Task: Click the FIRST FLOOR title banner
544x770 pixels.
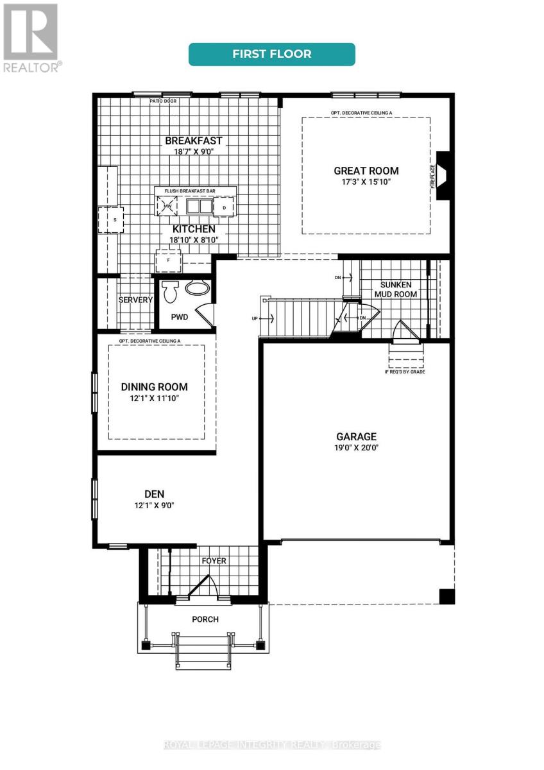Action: tap(271, 54)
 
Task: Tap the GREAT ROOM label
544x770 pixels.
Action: tap(366, 171)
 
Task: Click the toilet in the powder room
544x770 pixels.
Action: tap(169, 291)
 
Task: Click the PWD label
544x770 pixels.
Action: tap(180, 317)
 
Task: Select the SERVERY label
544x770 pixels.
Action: tap(135, 300)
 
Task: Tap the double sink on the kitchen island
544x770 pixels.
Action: tap(198, 207)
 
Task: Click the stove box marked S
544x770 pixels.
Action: tap(110, 219)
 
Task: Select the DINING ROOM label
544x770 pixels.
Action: tap(155, 387)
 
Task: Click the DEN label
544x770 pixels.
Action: tap(155, 493)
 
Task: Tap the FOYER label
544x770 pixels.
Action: tap(214, 561)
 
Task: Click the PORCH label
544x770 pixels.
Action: tap(205, 619)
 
